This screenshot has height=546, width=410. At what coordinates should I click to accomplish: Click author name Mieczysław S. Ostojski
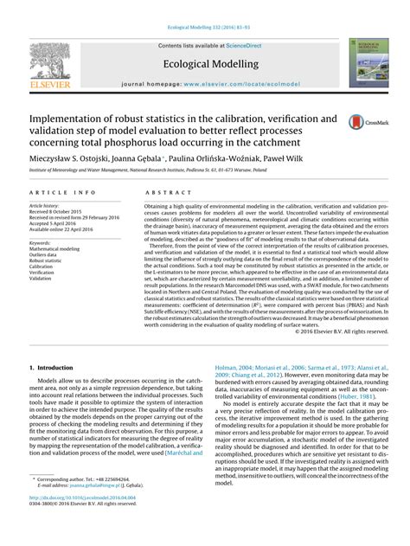click(x=69, y=161)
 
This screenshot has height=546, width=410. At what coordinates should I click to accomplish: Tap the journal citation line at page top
click(x=205, y=9)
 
